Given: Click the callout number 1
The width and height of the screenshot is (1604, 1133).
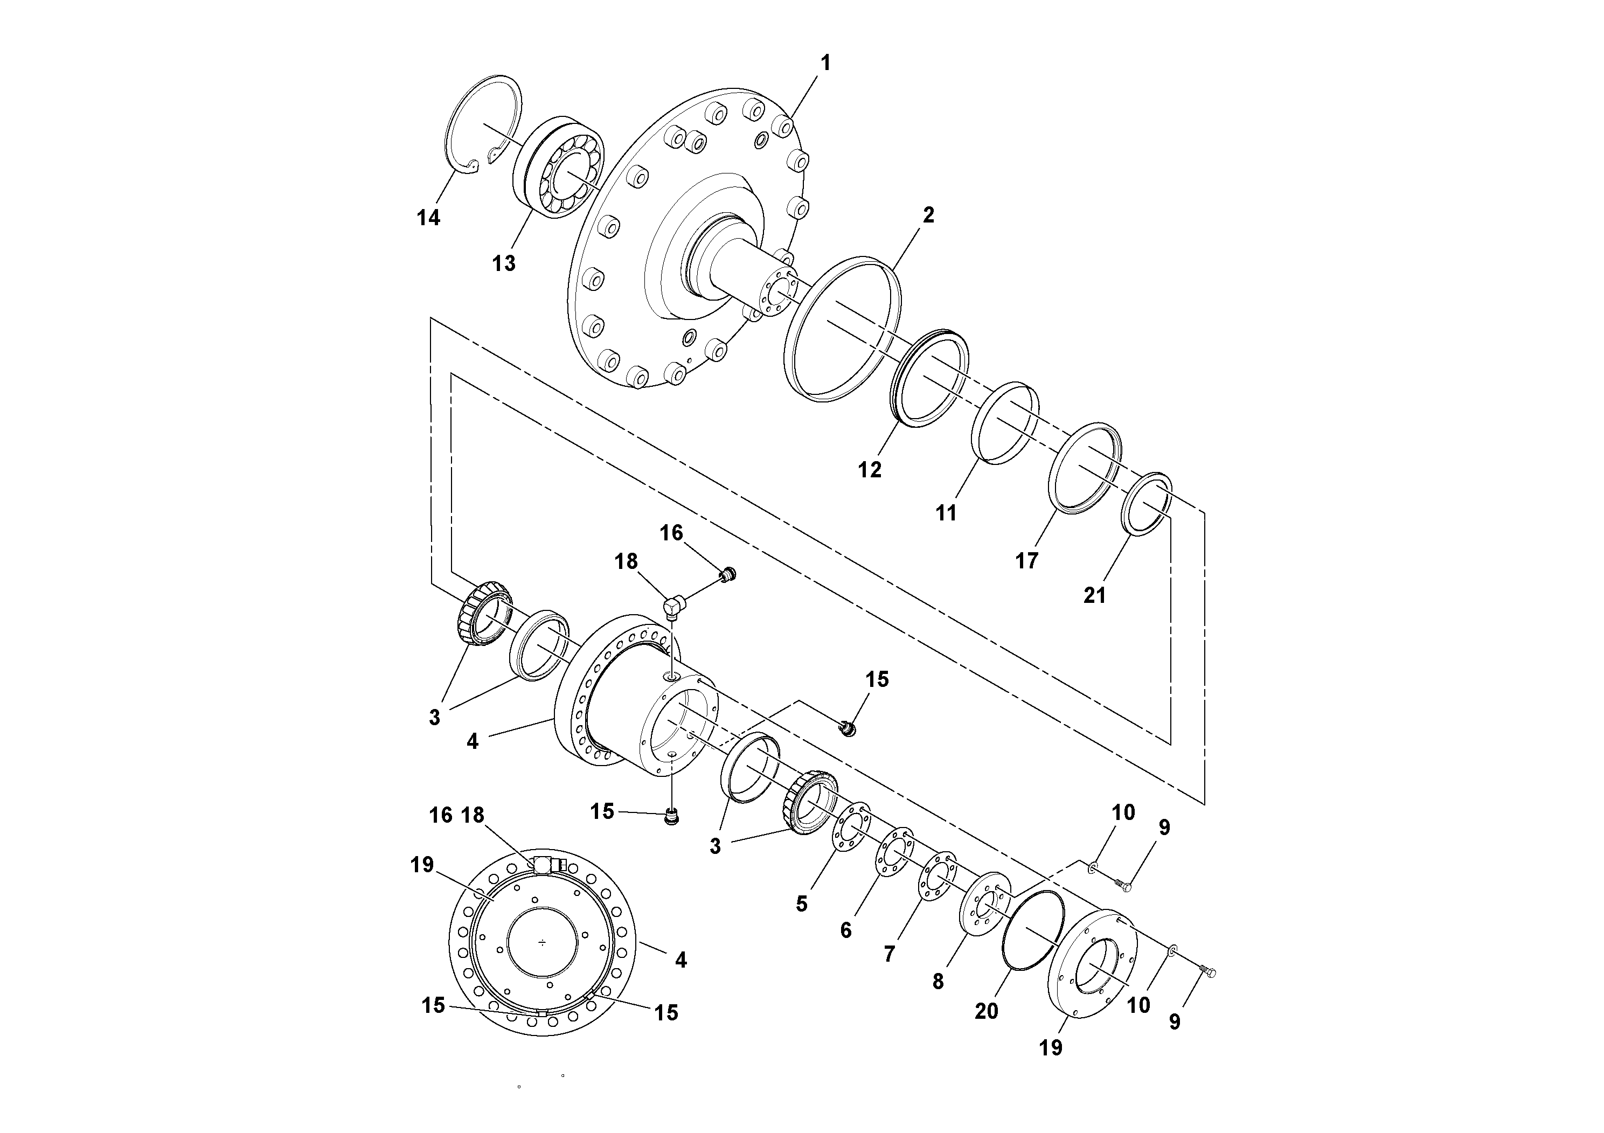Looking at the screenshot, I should (x=826, y=64).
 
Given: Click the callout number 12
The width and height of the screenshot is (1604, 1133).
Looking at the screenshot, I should (x=870, y=470).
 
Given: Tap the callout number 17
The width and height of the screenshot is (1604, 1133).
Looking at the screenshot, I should (x=1026, y=560).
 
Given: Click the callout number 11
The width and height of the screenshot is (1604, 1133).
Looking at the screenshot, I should (x=946, y=513).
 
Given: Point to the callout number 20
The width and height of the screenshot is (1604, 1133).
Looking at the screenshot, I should (x=986, y=1011).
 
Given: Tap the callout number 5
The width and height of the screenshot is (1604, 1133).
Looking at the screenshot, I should (x=801, y=904).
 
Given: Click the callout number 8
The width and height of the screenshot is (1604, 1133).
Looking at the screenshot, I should (x=938, y=982).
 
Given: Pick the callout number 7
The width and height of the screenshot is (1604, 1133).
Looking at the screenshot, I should (x=888, y=954).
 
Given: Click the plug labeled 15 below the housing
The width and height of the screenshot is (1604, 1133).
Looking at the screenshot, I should (x=672, y=816).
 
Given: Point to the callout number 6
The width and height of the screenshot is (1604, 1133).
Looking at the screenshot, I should (x=846, y=930).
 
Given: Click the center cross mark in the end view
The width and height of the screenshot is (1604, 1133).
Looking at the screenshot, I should (x=543, y=943).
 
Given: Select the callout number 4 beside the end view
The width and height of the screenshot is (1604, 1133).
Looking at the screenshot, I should (x=681, y=961).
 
